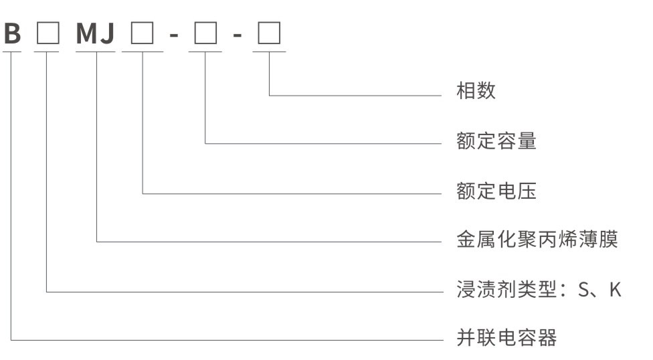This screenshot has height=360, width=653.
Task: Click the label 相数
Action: tap(476, 91)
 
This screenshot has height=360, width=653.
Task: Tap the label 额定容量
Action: tap(496, 141)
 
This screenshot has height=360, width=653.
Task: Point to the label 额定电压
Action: tap(496, 192)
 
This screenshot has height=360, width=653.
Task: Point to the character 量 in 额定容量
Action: tap(527, 141)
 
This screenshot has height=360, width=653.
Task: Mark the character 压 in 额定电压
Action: tap(527, 192)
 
